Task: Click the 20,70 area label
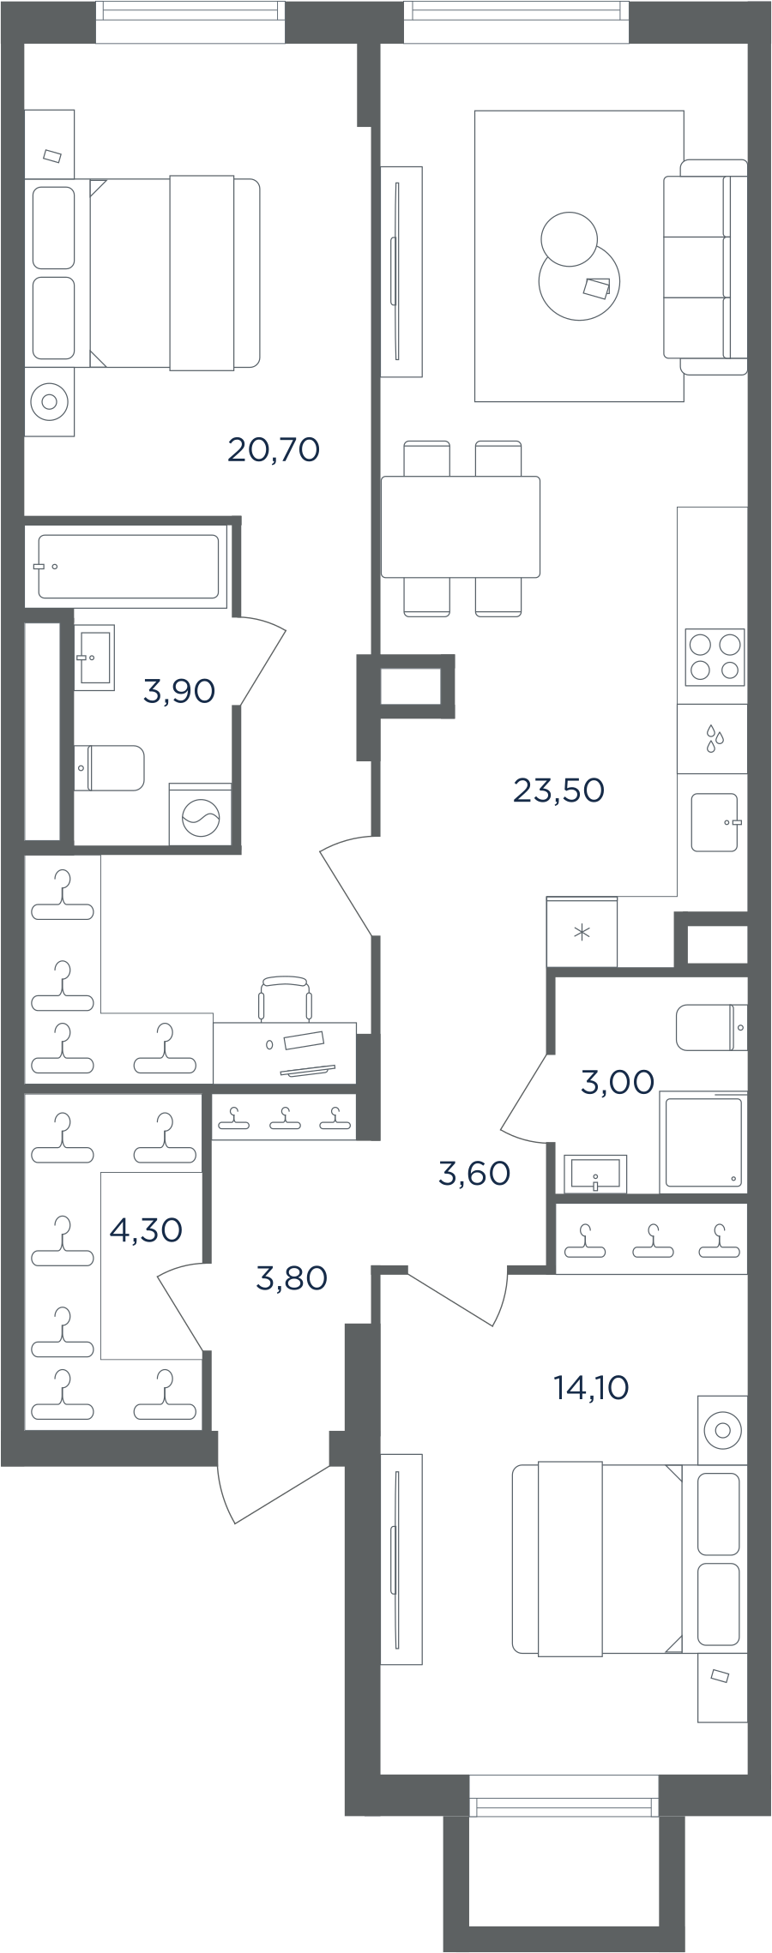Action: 274,449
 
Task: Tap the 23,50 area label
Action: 558,790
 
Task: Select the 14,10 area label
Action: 591,1386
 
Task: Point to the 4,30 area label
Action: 146,1230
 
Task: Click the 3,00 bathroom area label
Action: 618,1082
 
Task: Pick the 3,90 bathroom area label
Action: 178,690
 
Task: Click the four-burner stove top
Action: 715,658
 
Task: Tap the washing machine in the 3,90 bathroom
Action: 200,815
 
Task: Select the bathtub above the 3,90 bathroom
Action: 129,567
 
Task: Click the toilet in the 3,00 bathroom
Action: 711,1027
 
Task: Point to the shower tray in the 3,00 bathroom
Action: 703,1143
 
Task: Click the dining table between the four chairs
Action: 461,527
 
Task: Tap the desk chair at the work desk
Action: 285,998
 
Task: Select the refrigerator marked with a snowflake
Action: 582,932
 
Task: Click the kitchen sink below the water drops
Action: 715,822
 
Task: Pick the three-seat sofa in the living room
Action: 705,267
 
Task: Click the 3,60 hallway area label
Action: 474,1173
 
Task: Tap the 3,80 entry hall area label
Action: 292,1278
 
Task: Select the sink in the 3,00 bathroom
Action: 595,1173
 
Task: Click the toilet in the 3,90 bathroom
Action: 109,768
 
